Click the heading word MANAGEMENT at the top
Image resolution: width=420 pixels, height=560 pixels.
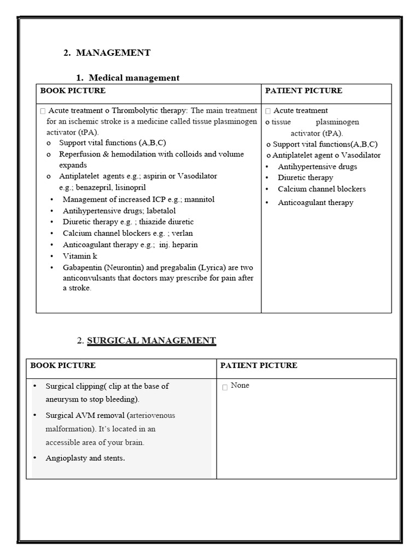coord(113,52)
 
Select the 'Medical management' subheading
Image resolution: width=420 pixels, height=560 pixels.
coord(134,78)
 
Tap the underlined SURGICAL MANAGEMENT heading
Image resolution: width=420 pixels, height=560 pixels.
coord(151,341)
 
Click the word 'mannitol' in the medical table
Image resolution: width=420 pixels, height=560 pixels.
coord(200,199)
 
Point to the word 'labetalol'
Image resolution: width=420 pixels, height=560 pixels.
coord(161,211)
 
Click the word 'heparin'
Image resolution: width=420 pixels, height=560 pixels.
coord(186,244)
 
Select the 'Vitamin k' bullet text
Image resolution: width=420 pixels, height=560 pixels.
coord(80,256)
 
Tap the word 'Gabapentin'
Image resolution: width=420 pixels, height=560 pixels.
coord(82,267)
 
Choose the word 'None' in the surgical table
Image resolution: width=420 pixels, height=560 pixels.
coord(240,386)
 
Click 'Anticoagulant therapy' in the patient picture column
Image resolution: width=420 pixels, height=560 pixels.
coord(316,202)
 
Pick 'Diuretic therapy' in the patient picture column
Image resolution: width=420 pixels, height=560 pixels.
coord(305,177)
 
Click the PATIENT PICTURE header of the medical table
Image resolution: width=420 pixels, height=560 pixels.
coord(304,91)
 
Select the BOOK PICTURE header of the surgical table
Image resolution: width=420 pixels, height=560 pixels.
coord(63,365)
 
